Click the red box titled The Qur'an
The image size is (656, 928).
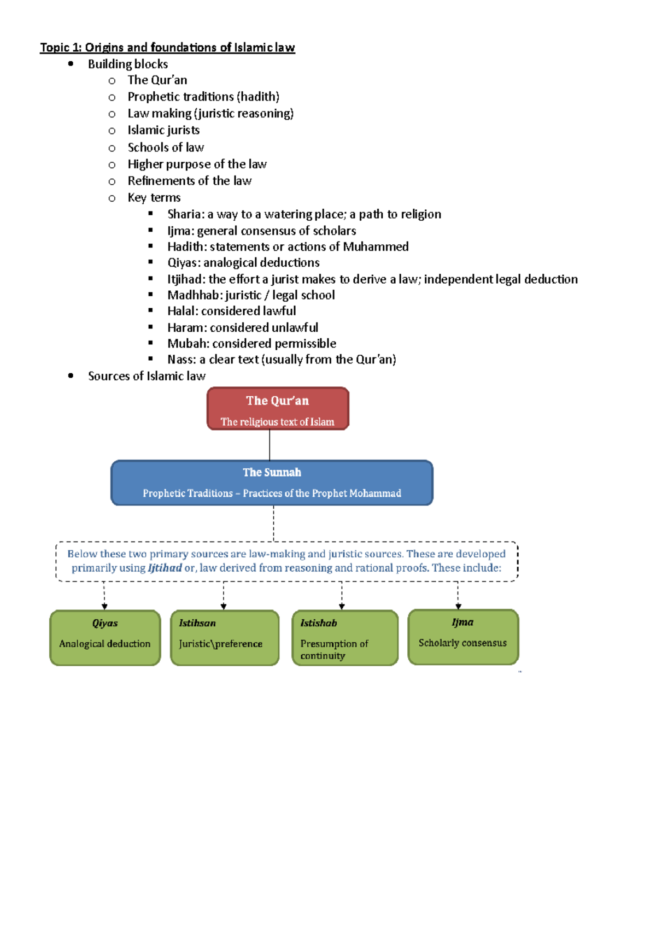pos(278,409)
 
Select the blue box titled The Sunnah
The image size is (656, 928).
pos(272,483)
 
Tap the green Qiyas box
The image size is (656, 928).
pos(105,637)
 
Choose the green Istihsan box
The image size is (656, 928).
pos(225,637)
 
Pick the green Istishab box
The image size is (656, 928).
pos(345,637)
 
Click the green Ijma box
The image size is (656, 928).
pos(463,637)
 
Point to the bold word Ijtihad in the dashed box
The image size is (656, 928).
pos(165,568)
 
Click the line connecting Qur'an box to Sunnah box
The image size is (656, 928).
pos(270,445)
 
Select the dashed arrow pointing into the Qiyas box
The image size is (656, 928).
pos(104,596)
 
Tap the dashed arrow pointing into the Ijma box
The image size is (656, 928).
pos(458,596)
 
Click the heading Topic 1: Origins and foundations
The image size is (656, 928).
pos(167,48)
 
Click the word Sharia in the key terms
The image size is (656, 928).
pos(184,214)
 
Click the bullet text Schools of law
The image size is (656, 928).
pos(166,148)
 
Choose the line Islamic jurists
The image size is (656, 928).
pos(163,130)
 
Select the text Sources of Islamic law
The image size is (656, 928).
pos(147,376)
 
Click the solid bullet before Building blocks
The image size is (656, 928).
pos(71,64)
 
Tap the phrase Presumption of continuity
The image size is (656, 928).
pos(334,649)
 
